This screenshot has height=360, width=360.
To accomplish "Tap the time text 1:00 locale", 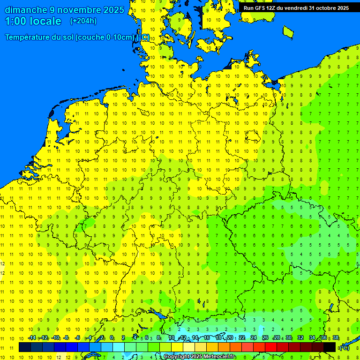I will tap(33, 22).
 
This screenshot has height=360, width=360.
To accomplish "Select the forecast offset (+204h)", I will tap(83, 21).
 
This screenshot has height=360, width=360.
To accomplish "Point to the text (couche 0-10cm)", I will tap(107, 37).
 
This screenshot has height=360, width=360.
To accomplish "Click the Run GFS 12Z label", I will tap(260, 8).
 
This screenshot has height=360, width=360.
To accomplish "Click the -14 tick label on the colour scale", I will tap(31, 337).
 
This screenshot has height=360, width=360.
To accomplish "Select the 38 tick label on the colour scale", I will tap(336, 337).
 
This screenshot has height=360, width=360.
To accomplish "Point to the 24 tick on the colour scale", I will tap(254, 337).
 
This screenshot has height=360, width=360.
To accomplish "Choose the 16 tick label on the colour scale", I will tap(207, 337).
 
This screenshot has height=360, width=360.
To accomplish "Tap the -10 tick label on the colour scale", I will tap(55, 337).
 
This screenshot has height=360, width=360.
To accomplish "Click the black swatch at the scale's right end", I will tap(330, 347).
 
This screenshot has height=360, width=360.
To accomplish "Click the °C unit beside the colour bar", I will tap(344, 348).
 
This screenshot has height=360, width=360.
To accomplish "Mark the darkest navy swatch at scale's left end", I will tap(25, 347).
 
